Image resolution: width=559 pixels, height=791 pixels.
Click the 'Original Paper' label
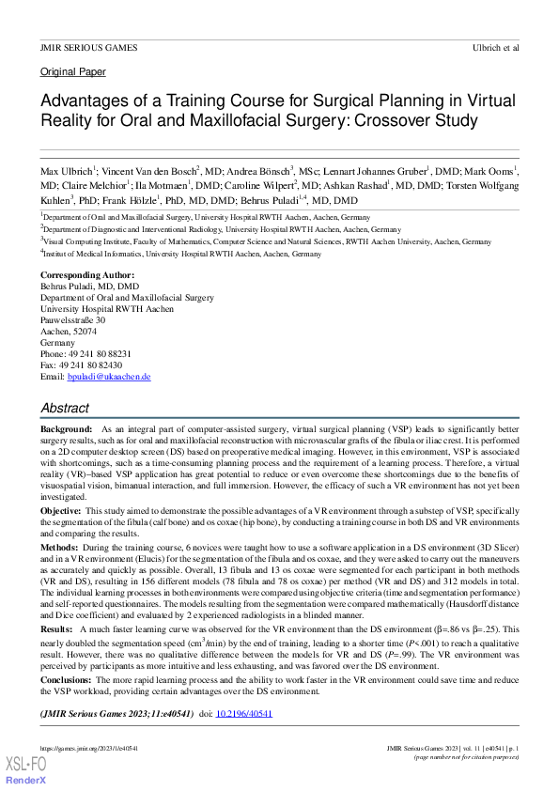[x=73, y=71]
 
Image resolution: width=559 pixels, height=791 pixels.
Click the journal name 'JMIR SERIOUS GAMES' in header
[x=88, y=47]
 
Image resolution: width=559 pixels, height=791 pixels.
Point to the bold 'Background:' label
[x=66, y=427]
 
